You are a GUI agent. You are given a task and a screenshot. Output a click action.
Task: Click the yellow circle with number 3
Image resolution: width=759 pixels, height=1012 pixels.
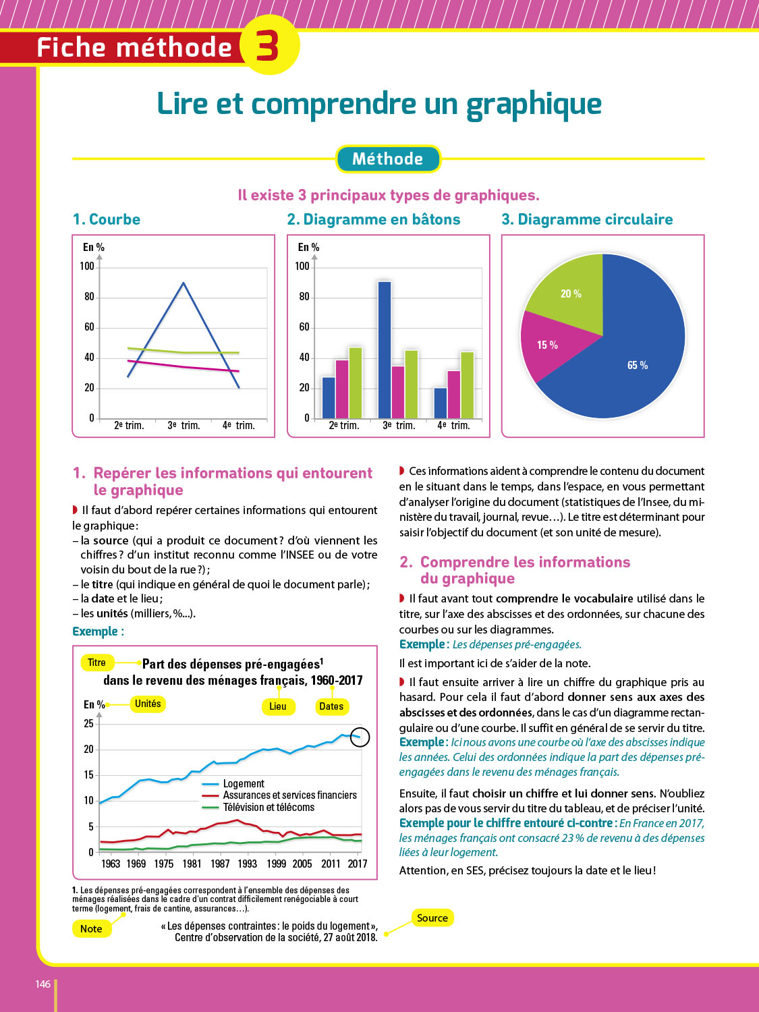click(269, 45)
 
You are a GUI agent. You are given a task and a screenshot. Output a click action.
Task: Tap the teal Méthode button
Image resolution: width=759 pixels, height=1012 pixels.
click(388, 159)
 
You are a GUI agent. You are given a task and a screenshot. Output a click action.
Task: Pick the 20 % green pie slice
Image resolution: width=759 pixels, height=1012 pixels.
click(570, 296)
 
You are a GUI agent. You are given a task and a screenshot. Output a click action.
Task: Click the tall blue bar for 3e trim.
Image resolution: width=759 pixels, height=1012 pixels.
click(385, 349)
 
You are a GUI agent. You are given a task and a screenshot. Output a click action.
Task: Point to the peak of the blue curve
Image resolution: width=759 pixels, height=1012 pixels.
click(184, 283)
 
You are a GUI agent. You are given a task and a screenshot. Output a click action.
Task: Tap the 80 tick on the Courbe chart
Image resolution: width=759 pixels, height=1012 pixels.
click(89, 297)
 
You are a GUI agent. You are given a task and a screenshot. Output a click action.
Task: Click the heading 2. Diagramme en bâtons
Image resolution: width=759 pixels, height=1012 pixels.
click(374, 219)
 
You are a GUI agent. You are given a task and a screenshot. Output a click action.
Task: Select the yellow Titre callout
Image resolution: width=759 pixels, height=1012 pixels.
click(96, 663)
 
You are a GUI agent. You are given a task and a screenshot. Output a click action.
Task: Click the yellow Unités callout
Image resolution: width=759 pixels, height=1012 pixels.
click(148, 704)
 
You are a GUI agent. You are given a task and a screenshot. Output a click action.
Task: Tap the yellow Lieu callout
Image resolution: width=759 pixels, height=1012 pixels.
click(277, 706)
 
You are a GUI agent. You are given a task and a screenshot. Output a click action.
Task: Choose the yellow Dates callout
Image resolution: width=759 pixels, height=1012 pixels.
click(331, 706)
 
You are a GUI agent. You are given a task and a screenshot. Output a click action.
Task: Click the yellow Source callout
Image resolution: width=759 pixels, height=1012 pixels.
click(432, 918)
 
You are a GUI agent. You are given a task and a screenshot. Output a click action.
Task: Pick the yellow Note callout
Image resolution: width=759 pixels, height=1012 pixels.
click(91, 928)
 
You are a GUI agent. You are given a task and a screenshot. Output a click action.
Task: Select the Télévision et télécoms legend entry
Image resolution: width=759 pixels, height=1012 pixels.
click(269, 808)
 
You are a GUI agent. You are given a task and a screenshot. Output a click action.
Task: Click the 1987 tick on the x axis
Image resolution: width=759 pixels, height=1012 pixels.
click(220, 864)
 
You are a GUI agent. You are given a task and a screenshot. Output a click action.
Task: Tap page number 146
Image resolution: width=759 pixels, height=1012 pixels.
click(43, 984)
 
